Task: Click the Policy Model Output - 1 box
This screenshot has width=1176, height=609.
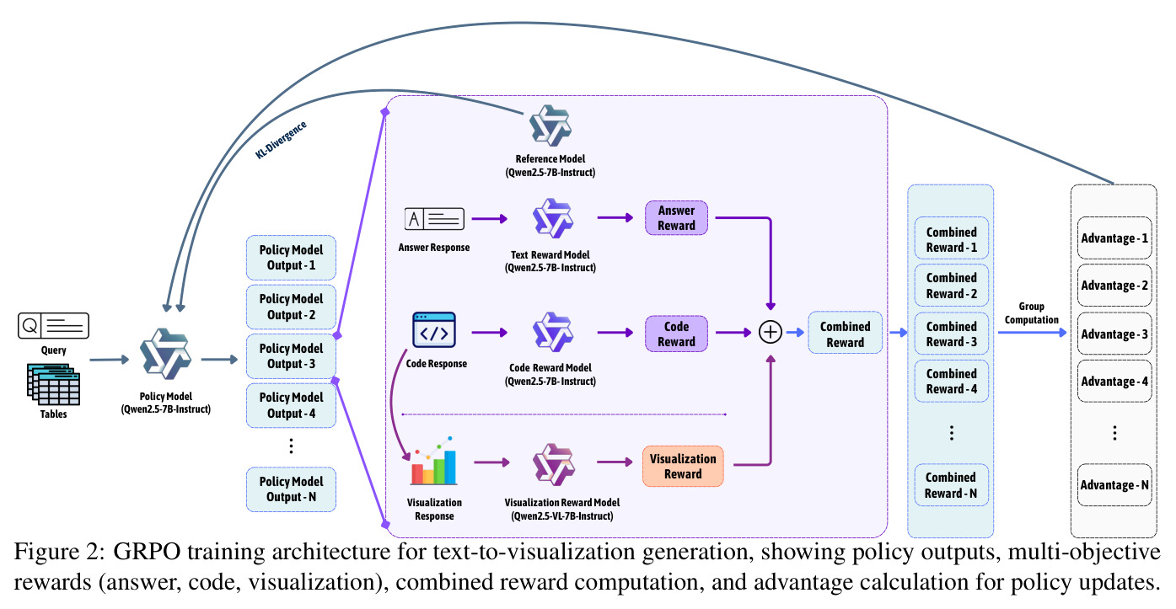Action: (291, 258)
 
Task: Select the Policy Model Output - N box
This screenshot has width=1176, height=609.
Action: (291, 489)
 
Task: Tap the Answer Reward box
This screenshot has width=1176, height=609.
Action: (676, 217)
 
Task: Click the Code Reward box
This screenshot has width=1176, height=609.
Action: (676, 334)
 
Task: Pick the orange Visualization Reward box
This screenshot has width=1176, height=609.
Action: (683, 467)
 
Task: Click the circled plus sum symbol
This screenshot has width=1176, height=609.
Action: (771, 332)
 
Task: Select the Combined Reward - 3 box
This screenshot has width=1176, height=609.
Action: (951, 334)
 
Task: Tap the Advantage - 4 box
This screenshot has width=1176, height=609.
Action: (1114, 382)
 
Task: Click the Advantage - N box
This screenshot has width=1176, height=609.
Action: (1114, 484)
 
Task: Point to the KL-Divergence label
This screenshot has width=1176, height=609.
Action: (281, 140)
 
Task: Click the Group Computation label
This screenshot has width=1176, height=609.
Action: (1032, 313)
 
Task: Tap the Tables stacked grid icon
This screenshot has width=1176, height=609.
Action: (54, 384)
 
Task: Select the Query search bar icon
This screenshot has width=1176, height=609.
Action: (54, 326)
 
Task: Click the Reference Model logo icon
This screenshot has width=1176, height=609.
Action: (550, 126)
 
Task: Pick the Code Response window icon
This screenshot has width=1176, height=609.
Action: (434, 330)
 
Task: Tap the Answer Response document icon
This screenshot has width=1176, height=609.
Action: (434, 219)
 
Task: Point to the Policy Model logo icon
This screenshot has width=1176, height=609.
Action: (165, 354)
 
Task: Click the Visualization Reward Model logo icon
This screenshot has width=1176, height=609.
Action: (554, 464)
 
